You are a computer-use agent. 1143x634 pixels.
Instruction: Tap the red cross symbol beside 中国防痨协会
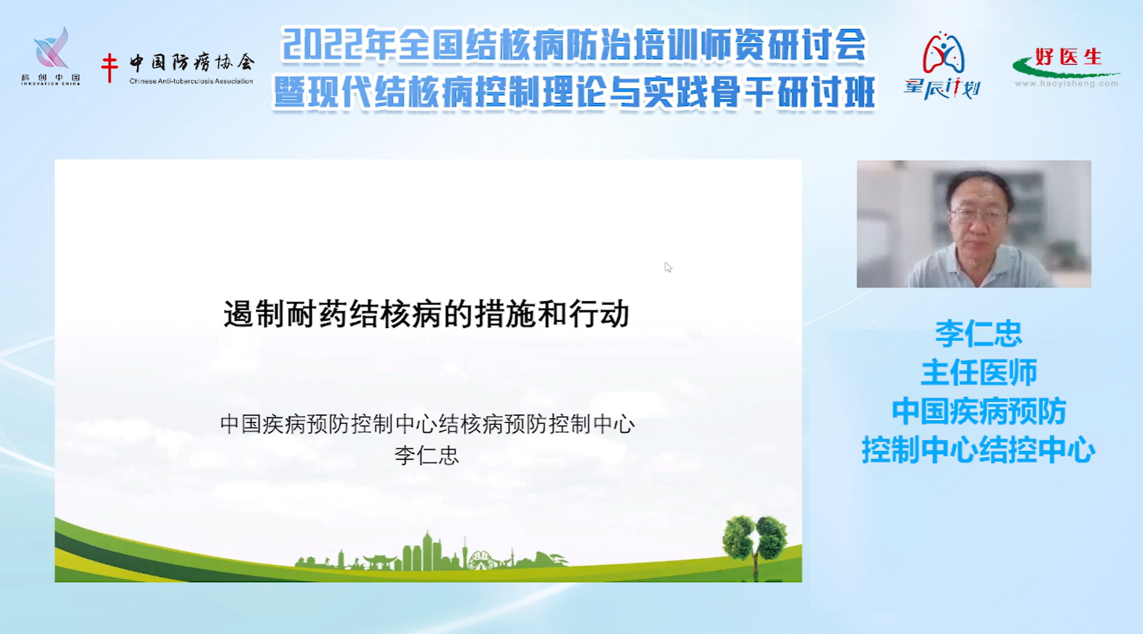tap(109, 67)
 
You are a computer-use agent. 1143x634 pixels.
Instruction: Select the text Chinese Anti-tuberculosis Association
tap(191, 81)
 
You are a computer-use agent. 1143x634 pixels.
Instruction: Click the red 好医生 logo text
tap(1068, 57)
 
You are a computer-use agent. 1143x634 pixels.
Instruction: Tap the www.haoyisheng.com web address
tap(1066, 84)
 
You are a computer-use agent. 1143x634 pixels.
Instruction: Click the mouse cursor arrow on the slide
tap(668, 267)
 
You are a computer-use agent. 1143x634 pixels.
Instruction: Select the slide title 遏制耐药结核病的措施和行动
tap(426, 314)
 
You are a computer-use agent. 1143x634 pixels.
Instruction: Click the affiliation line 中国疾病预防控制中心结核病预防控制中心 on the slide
tap(427, 424)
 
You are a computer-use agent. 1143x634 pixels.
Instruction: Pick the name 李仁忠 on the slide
tap(427, 455)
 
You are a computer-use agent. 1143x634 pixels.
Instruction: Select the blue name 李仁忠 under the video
tap(978, 334)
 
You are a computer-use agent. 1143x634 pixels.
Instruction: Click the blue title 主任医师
tap(979, 373)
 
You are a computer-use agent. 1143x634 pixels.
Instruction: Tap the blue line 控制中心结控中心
tap(978, 450)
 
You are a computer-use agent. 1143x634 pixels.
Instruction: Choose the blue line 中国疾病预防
tap(979, 412)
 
